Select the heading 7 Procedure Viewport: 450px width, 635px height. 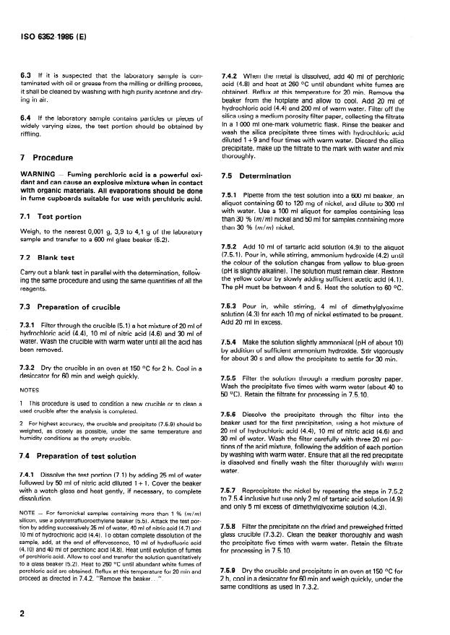click(49, 157)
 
